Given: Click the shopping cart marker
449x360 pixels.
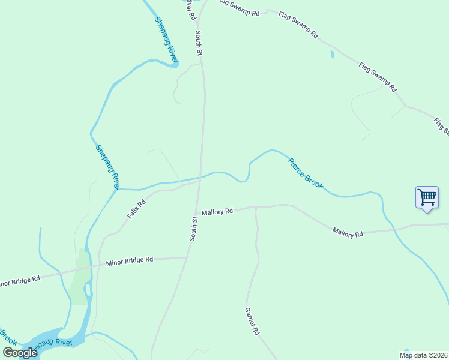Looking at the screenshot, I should tap(427, 197).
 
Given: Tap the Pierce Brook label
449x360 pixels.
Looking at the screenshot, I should tap(306, 173).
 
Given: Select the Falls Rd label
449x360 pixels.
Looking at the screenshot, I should tap(136, 209).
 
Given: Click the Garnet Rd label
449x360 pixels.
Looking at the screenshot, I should tap(252, 322).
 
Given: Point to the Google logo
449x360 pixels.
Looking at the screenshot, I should tap(20, 353).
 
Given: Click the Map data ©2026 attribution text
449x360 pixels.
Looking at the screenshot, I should tap(423, 355).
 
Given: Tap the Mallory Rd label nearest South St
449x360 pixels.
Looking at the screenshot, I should tap(217, 212).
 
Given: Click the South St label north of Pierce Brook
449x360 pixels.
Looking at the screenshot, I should tap(199, 44).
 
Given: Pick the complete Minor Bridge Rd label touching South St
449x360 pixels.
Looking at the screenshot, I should tap(130, 261).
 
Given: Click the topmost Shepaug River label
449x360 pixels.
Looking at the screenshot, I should tap(166, 40).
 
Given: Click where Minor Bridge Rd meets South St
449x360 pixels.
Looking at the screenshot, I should tap(187, 258).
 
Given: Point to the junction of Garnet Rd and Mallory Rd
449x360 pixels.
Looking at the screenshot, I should tap(255, 208).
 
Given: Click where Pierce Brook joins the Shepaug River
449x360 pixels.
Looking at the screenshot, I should tap(117, 189).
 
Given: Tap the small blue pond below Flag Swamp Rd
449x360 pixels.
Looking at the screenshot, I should tap(332, 55).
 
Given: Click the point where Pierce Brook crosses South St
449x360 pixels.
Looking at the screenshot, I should tap(200, 178).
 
